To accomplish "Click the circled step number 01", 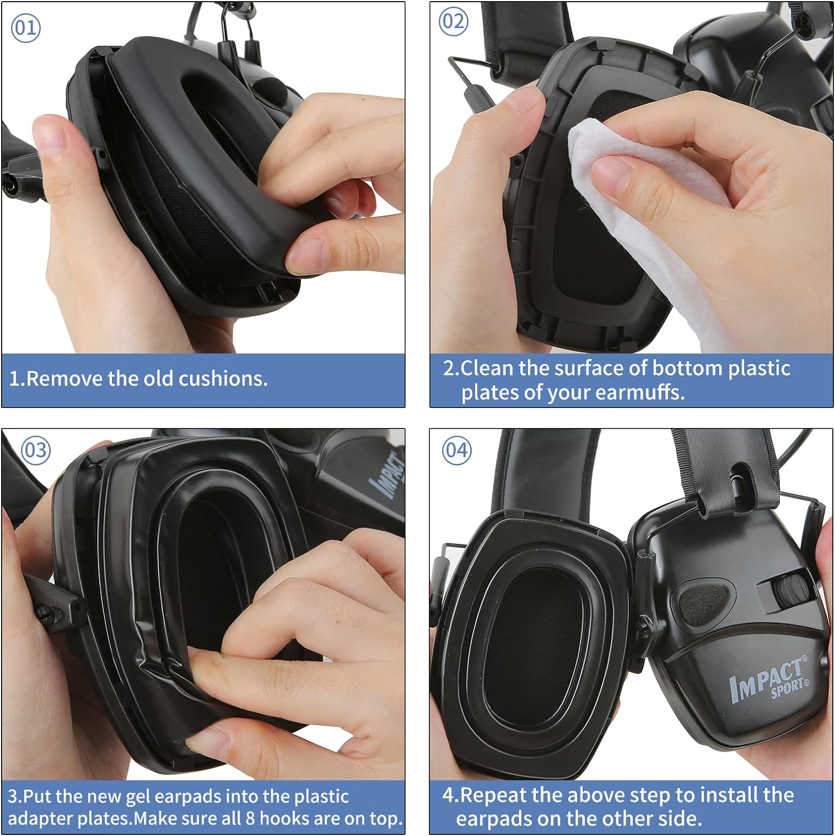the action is pyautogui.click(x=26, y=28).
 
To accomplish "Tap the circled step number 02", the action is pyautogui.click(x=453, y=22).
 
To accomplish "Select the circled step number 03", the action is pyautogui.click(x=36, y=450).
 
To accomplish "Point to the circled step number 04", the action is pyautogui.click(x=457, y=450).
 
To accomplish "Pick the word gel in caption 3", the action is pyautogui.click(x=138, y=797).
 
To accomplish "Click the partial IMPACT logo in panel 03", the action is pyautogui.click(x=390, y=473).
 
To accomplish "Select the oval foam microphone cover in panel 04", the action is pyautogui.click(x=703, y=600).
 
